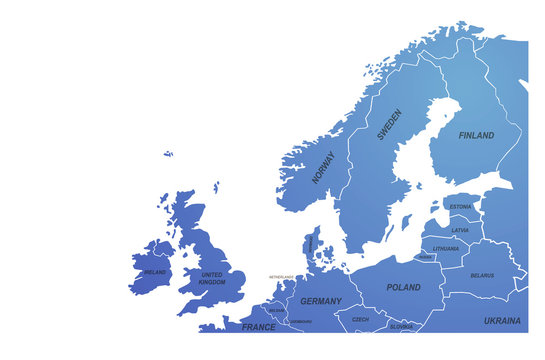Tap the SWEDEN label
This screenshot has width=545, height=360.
[389, 124]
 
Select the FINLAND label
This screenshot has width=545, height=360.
[476, 135]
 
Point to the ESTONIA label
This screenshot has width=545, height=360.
[460, 207]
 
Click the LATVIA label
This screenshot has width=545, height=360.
[460, 230]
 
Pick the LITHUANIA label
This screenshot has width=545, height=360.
[446, 248]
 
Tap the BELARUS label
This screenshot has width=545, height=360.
[482, 275]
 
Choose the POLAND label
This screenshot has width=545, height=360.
[403, 287]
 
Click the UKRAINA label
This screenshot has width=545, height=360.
[502, 321]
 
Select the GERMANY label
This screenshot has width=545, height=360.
[321, 301]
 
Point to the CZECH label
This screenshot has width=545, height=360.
[360, 320]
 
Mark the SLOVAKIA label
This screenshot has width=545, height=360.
[401, 326]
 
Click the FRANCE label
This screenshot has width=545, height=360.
[258, 327]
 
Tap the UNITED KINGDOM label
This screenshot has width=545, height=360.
[212, 279]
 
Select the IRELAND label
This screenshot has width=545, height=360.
[155, 272]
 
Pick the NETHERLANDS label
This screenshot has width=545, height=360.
[281, 277]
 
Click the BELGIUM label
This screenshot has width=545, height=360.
[276, 311]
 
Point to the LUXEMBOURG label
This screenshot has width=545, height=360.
[300, 322]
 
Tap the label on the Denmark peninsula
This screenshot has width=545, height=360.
[310, 243]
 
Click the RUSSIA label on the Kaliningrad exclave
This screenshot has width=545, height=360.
[426, 257]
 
